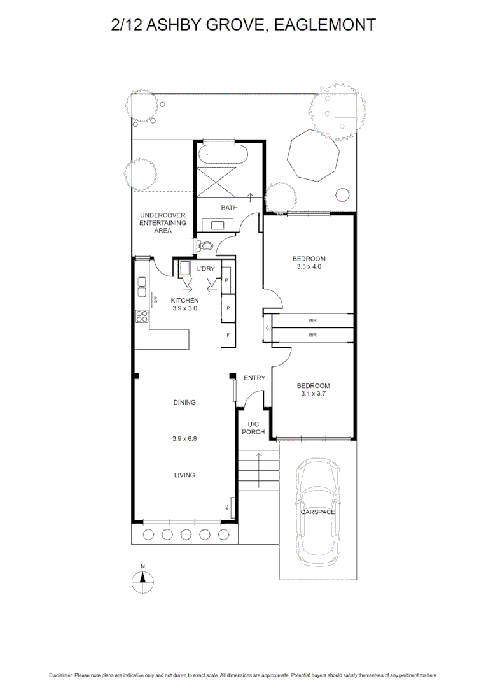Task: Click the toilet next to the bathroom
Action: point(205,245)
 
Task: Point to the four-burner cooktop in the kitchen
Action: point(141,317)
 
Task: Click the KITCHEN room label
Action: point(185,300)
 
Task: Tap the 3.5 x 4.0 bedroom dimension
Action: point(309,268)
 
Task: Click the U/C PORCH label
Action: point(253,428)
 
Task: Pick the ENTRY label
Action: point(254,378)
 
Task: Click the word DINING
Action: point(184,402)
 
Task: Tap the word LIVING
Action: point(184,475)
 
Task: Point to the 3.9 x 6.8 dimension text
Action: point(184,438)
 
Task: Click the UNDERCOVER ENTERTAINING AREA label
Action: point(163,223)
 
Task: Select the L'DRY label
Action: point(205,269)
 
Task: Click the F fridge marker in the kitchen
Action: point(227,335)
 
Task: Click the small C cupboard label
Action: point(267,329)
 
